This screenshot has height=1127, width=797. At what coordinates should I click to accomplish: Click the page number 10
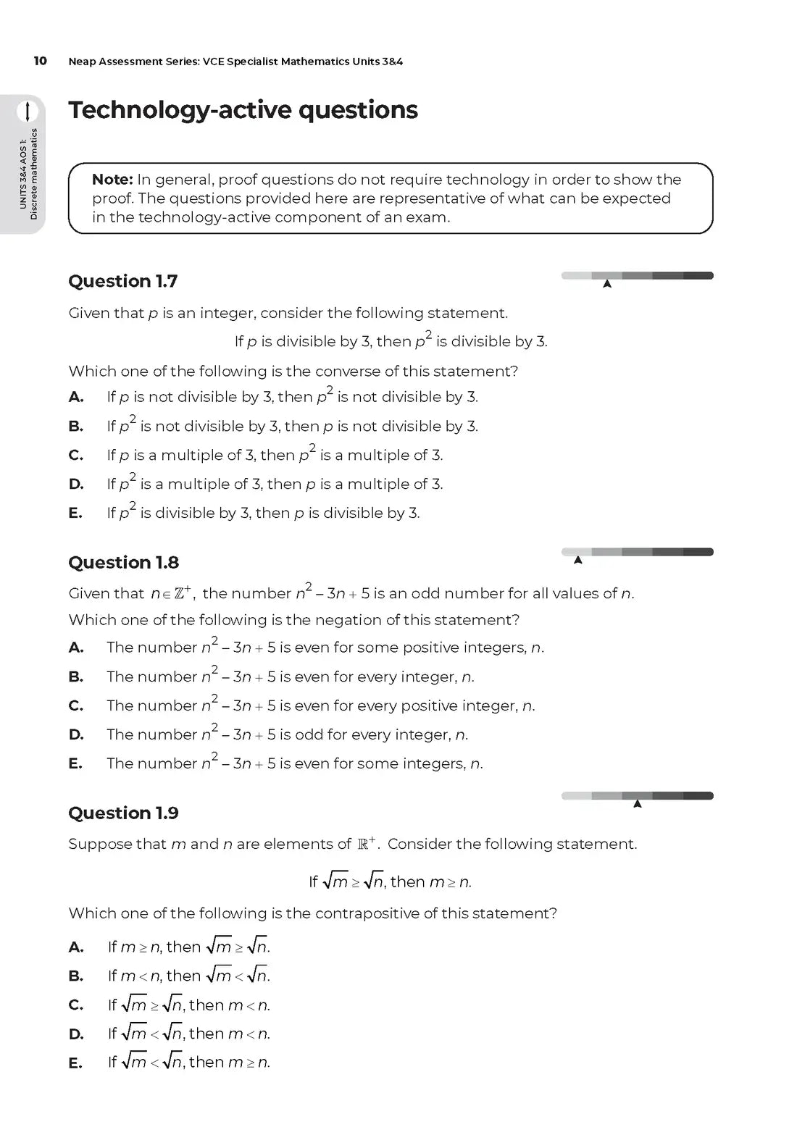point(40,61)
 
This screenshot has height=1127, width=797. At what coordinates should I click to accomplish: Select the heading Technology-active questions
point(243,110)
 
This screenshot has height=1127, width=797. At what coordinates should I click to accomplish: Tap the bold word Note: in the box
point(112,180)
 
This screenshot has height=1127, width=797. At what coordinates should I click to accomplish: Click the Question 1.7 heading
point(122,281)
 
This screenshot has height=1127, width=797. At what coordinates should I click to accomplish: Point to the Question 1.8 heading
point(123,563)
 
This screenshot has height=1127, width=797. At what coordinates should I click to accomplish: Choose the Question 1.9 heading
point(123,813)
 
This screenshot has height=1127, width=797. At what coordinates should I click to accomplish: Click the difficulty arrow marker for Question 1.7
point(607,284)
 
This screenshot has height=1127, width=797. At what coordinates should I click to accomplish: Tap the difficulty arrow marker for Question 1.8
point(577,560)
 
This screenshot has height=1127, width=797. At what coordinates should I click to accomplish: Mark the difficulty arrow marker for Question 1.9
point(638,804)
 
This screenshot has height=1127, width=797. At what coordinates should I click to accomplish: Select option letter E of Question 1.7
point(75,514)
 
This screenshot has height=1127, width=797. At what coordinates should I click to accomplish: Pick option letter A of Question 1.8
point(76,648)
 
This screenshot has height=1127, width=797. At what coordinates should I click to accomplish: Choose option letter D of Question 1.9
point(76,1034)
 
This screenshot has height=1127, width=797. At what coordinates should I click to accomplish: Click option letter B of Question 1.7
point(76,427)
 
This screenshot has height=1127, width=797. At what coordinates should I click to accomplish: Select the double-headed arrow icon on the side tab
point(28,111)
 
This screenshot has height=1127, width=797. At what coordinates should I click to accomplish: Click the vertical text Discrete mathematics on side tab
point(33,175)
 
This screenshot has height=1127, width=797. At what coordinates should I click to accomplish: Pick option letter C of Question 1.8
point(76,706)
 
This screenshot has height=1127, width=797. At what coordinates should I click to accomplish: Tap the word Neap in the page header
point(83,62)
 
